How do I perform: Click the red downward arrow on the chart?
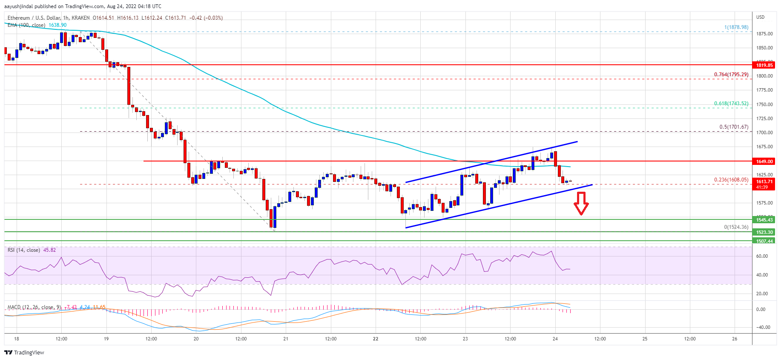pos(581,204)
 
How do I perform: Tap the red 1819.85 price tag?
pos(764,65)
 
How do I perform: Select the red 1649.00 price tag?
pos(764,161)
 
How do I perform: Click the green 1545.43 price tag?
pos(764,220)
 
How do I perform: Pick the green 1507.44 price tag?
pos(764,241)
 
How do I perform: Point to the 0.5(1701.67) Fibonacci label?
pos(734,127)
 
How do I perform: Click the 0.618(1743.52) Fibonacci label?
pos(731,104)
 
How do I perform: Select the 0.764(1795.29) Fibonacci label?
pos(731,75)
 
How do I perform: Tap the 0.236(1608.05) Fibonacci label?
pos(731,180)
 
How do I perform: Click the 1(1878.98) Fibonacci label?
pos(736,27)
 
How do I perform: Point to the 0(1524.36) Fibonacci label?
pos(736,227)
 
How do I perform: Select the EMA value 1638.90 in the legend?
pos(57,25)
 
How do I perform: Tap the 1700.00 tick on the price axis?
pos(764,132)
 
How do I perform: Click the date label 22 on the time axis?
pos(376,339)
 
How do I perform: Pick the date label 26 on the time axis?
pos(735,339)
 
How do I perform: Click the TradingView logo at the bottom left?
pos(24,352)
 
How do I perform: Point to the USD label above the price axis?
pos(761,17)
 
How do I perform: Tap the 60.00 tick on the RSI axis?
pos(762,256)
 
